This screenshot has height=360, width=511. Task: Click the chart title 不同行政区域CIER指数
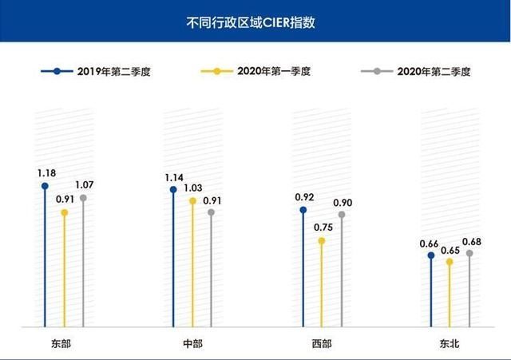pos(255,22)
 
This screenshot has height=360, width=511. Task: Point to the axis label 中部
pos(192,343)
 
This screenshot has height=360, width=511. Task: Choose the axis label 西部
pos(322,343)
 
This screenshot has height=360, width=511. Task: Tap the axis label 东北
pos(450,343)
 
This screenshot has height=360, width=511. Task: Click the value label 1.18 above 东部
pos(45,172)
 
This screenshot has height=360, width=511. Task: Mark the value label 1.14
pos(173,177)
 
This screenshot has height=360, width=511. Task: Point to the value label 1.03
pos(192,188)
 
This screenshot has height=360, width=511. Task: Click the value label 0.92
pos(303,196)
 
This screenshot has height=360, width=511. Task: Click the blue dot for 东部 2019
pos(45,186)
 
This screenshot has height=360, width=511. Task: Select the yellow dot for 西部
pos(322,239)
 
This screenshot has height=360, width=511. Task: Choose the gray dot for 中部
pos(212,212)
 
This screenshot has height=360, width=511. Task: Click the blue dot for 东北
pos(431,256)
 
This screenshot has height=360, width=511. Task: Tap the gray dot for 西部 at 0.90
pos(341,214)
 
